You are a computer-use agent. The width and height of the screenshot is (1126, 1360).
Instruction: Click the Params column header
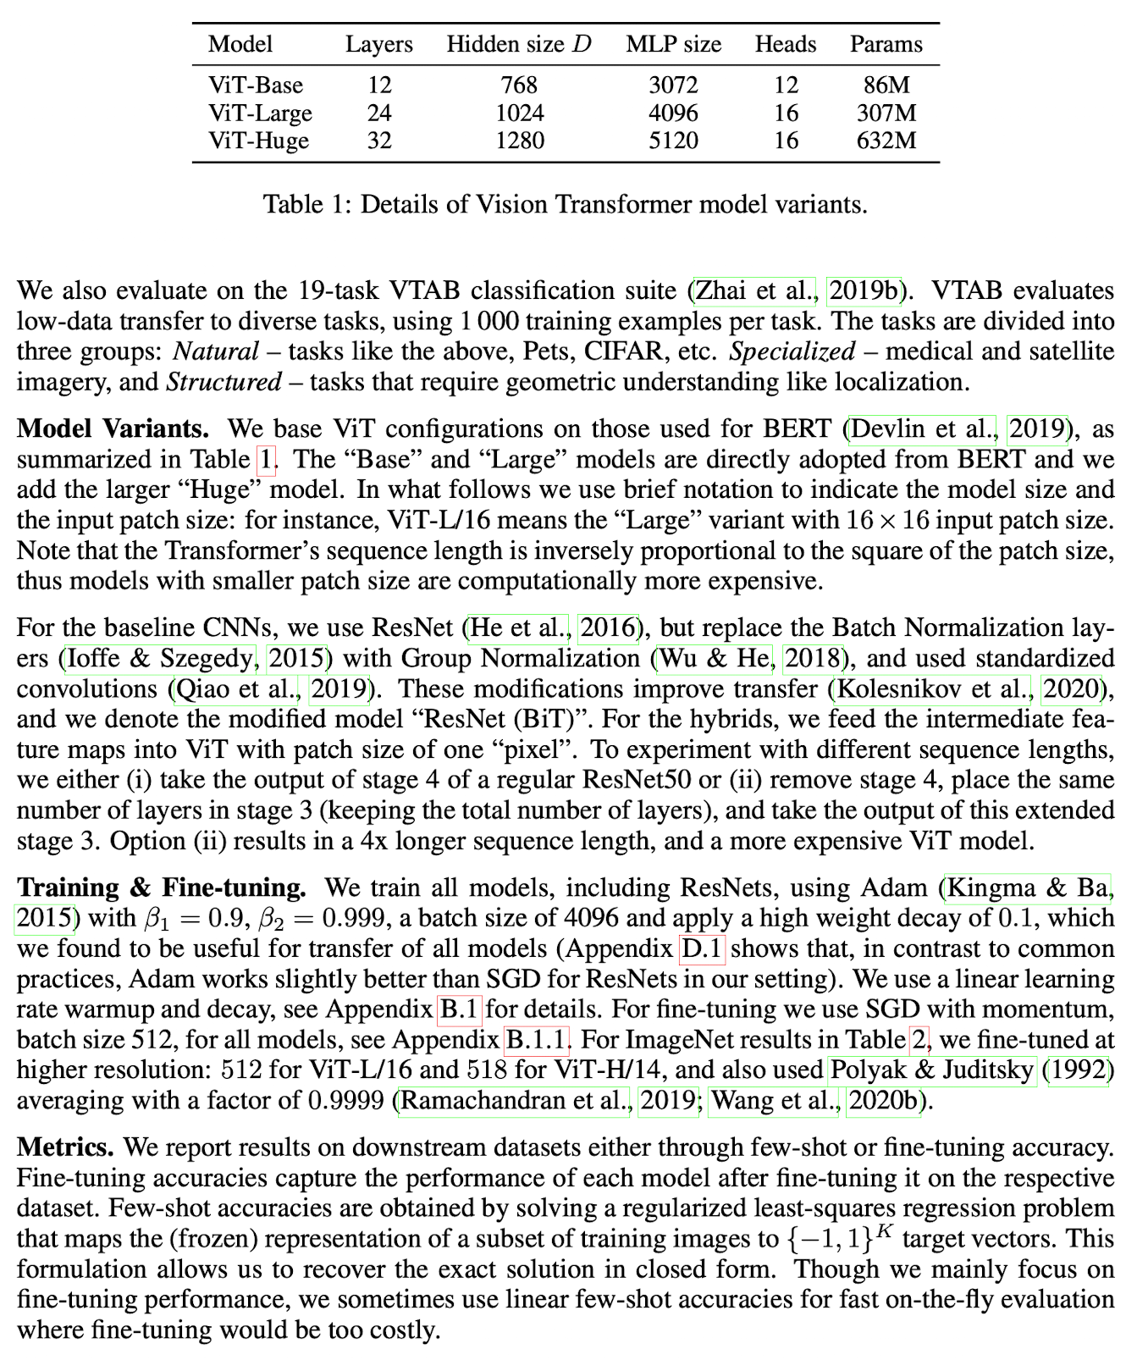coord(886,44)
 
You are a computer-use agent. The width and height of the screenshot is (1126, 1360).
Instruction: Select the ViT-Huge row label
coord(259,141)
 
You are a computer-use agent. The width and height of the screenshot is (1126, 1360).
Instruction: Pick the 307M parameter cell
coord(886,113)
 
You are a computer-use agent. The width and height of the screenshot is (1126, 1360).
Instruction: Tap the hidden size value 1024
coord(519,113)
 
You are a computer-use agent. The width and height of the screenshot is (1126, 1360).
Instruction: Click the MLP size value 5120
coord(673,141)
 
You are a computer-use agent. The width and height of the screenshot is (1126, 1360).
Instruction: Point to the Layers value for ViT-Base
coord(378,85)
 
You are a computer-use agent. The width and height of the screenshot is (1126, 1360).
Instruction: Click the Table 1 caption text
coord(565,204)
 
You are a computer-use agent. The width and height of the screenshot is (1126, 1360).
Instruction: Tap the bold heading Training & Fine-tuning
coord(161,887)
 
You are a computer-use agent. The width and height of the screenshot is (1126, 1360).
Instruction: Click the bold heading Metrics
coord(65,1147)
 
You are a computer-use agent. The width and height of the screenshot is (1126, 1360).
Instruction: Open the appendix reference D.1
coord(702,948)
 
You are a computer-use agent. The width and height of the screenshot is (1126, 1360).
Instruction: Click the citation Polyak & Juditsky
coord(931,1070)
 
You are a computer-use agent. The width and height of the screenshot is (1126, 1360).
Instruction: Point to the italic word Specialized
coord(792,351)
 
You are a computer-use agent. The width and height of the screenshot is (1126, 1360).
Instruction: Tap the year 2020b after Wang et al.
coord(883,1101)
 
